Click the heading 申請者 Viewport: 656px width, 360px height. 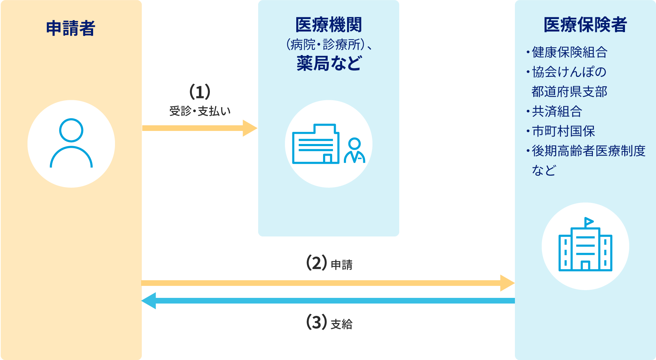tap(71, 28)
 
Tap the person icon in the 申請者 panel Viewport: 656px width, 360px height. tap(71, 143)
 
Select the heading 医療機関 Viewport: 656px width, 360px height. tap(328, 25)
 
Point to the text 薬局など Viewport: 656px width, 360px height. tap(328, 64)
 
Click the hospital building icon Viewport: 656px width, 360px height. tap(315, 144)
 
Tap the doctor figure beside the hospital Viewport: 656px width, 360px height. tap(354, 151)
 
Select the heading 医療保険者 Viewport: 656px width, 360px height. tap(585, 25)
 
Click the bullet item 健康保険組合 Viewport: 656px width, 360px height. tap(569, 52)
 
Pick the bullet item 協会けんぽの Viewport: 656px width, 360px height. tap(569, 72)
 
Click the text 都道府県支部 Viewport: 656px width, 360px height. tap(569, 92)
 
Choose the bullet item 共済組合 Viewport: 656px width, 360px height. tap(557, 112)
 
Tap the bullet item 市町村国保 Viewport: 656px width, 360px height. tap(563, 131)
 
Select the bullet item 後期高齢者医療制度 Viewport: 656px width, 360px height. tap(588, 151)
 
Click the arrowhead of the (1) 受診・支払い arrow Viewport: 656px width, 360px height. tap(250, 128)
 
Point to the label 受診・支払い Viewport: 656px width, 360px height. tap(200, 111)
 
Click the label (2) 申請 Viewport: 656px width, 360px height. tap(329, 264)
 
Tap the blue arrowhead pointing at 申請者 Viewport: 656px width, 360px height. tap(148, 301)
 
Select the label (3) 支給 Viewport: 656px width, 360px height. tap(329, 323)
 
